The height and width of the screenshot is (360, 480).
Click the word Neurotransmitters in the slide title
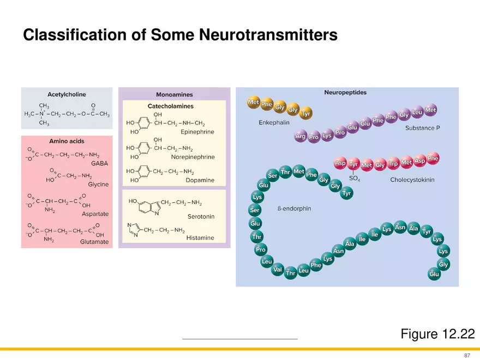(x=267, y=35)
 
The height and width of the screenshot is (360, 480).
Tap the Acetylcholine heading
(x=66, y=94)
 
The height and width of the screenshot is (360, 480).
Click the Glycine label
(x=98, y=184)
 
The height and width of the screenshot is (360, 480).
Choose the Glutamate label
(x=94, y=241)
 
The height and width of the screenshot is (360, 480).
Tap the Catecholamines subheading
(x=171, y=106)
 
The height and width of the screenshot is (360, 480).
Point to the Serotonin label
(x=201, y=217)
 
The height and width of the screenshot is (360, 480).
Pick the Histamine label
(x=200, y=238)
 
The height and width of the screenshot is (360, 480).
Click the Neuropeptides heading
(x=345, y=93)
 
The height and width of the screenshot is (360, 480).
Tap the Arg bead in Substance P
(x=300, y=137)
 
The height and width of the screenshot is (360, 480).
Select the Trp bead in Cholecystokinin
(x=393, y=164)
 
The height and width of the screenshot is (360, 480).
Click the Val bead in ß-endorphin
(x=277, y=269)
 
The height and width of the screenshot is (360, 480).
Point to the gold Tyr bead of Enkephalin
(x=306, y=114)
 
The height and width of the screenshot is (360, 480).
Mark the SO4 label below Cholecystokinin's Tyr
(x=354, y=179)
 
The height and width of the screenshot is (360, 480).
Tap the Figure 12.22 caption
(x=437, y=334)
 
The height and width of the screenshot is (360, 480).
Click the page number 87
(x=467, y=355)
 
